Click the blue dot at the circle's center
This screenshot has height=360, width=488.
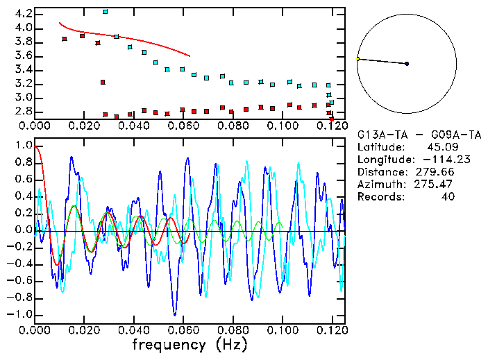[x=407, y=64]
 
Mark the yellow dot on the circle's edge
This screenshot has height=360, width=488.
[x=357, y=59]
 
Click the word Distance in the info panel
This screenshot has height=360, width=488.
[x=381, y=172]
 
